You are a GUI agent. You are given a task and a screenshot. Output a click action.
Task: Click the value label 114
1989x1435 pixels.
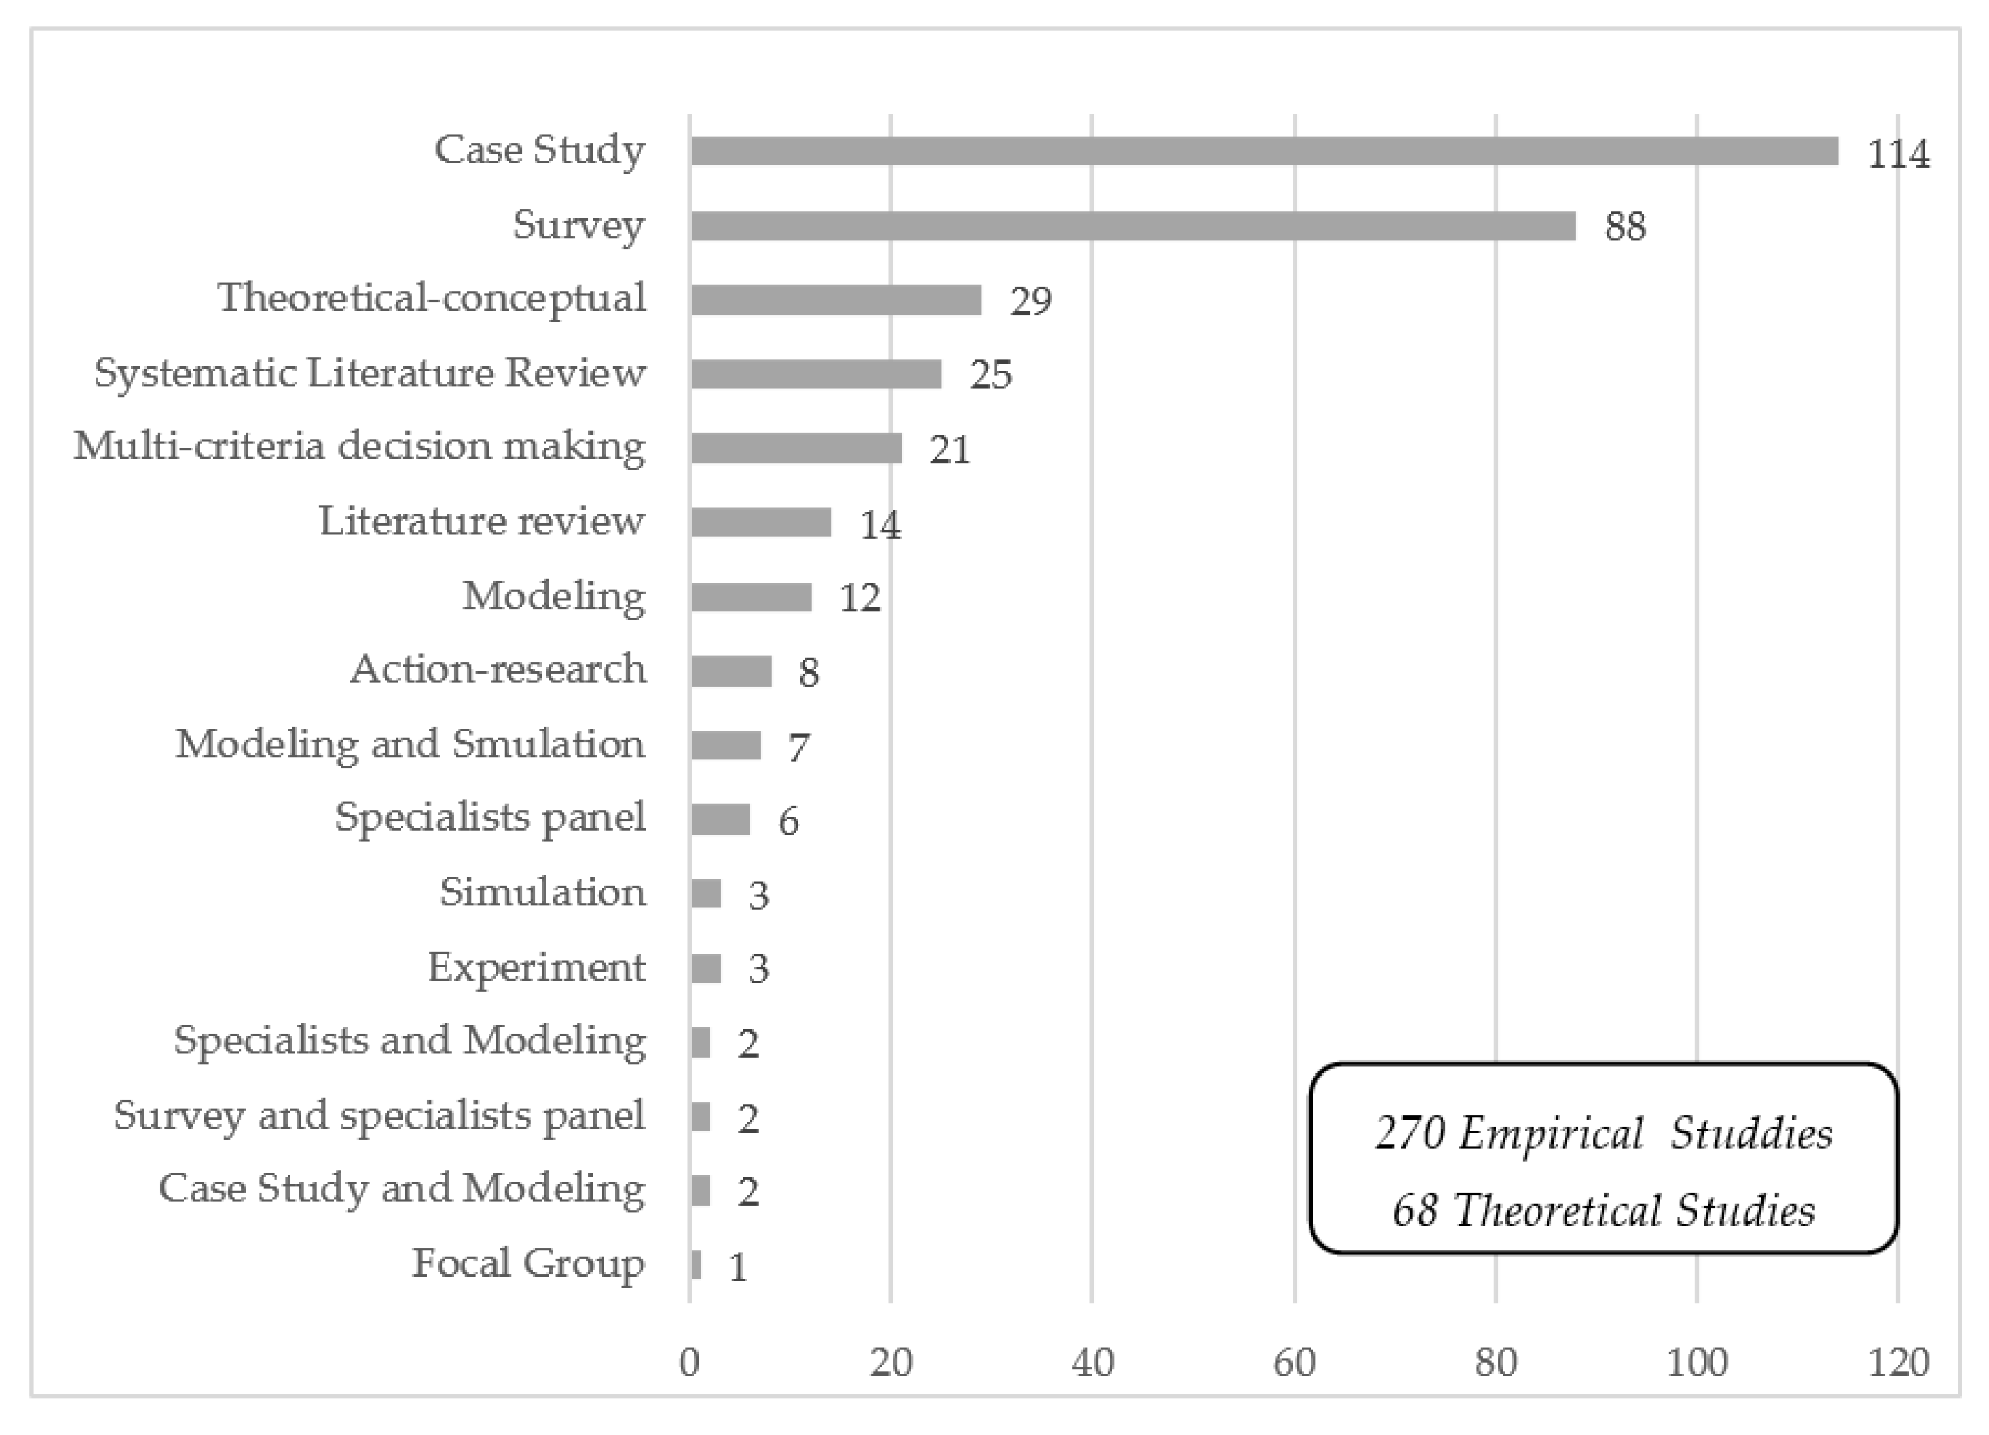tap(1897, 154)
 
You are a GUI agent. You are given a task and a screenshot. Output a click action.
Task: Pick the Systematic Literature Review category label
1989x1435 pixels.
tap(369, 373)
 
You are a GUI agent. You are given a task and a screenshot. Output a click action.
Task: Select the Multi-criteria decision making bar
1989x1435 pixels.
tap(796, 448)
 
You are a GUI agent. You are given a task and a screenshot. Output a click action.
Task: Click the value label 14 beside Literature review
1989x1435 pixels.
tap(879, 526)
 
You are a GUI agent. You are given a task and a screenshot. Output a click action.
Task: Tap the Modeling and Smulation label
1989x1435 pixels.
tap(410, 744)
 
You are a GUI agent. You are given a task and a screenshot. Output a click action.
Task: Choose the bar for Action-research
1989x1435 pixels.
tap(731, 671)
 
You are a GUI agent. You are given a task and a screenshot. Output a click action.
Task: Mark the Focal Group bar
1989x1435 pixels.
tap(695, 1265)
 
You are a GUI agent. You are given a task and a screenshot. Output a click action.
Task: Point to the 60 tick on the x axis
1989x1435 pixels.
tap(1294, 1362)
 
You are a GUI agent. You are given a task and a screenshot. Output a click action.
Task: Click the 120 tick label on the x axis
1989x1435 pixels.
tap(1898, 1362)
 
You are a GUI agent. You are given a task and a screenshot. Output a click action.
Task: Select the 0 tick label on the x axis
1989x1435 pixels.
tap(690, 1362)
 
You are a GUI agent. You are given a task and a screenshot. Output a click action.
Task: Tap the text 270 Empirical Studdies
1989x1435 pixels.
tap(1603, 1133)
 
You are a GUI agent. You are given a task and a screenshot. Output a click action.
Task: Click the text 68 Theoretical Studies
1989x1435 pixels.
tap(1603, 1210)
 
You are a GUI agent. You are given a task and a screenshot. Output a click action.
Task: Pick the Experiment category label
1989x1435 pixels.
tap(536, 967)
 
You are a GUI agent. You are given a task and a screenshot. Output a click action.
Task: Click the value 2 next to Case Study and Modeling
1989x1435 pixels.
tap(747, 1192)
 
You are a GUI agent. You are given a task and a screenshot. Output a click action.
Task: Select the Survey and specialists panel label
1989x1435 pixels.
tap(379, 1116)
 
